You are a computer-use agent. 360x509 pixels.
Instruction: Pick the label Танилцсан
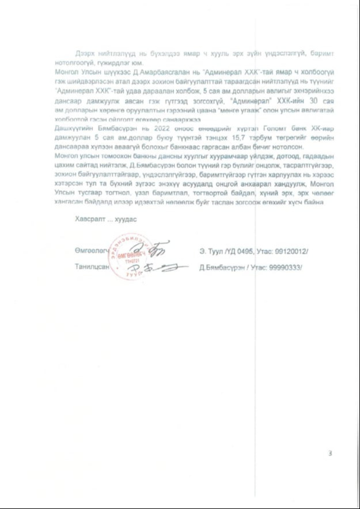tap(91, 267)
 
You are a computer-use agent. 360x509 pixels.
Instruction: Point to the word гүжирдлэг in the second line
tap(118, 62)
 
